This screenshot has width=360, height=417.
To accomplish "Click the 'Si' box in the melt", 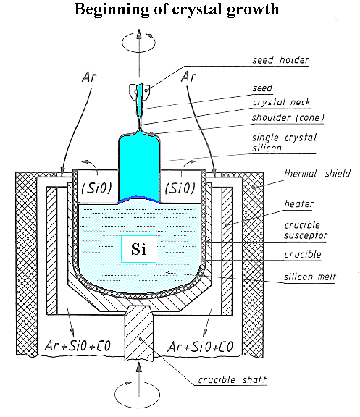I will [x=139, y=249].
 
